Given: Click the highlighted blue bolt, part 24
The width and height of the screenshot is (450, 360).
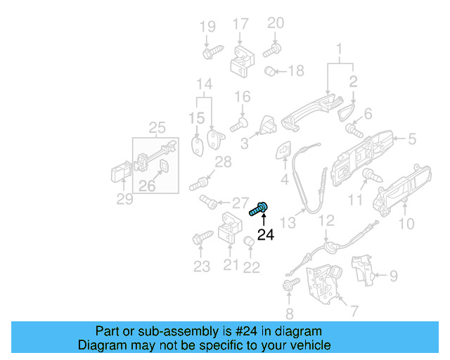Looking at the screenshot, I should coord(259,208).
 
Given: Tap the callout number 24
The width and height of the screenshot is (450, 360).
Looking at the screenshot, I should coord(265,236).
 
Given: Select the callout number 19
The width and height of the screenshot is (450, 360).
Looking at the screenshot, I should coord(207,27).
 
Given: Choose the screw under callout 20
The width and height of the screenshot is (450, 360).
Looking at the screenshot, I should coord(272,50).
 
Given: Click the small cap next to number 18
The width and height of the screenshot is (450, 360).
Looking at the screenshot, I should coord(269,71).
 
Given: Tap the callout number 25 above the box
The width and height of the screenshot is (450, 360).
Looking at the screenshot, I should coord(157,127).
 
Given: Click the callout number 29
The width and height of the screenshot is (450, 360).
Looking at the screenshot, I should coord(124,200).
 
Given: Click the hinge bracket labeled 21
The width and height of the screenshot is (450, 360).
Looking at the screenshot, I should coord(230,229).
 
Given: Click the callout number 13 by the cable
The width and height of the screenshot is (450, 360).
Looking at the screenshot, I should coord(288,223).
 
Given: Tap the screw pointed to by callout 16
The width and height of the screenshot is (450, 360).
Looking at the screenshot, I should coord(238,125).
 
